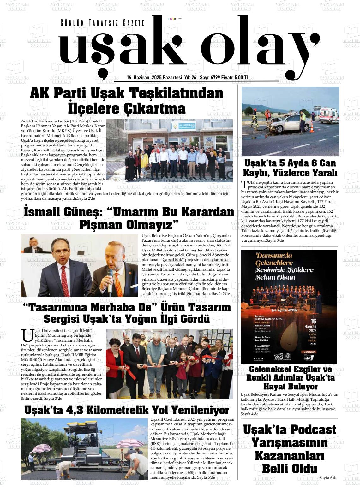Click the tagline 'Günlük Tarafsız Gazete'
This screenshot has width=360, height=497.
pyautogui.click(x=102, y=23)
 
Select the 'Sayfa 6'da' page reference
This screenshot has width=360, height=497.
pyautogui.click(x=328, y=477)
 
